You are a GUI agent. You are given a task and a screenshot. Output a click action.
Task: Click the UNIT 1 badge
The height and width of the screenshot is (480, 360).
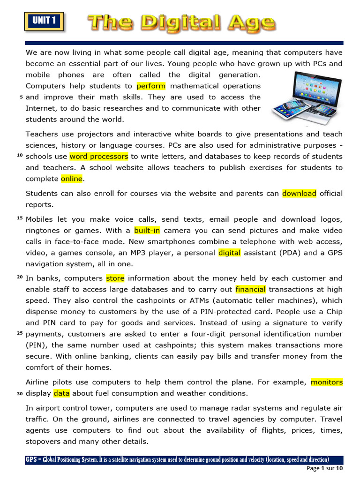click(x=44, y=21)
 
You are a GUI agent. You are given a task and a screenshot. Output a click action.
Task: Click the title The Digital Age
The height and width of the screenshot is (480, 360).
click(x=181, y=22)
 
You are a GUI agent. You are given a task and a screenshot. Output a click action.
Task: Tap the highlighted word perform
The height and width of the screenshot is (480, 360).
click(x=151, y=86)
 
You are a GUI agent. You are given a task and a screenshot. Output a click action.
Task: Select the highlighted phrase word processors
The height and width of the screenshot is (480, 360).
click(x=99, y=157)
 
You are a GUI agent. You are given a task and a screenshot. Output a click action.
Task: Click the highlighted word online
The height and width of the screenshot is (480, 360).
click(x=72, y=179)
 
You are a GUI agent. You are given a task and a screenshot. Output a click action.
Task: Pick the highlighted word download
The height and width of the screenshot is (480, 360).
click(x=299, y=194)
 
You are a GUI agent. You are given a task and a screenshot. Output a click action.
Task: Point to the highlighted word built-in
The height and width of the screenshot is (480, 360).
click(x=147, y=231)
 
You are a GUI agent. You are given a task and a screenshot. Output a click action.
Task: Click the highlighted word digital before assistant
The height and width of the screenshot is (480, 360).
click(x=229, y=253)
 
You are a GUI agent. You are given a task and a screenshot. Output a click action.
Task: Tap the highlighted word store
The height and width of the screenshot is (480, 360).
click(x=115, y=278)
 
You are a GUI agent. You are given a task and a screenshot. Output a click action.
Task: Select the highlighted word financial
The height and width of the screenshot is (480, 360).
click(x=250, y=290)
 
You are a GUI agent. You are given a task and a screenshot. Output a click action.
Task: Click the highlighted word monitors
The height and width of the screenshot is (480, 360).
click(x=327, y=382)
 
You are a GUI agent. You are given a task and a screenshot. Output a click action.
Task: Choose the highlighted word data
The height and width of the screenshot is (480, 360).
click(x=61, y=394)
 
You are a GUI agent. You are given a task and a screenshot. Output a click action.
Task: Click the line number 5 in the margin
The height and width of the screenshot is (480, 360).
click(x=21, y=98)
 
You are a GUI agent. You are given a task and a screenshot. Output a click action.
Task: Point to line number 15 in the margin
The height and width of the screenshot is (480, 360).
click(x=20, y=219)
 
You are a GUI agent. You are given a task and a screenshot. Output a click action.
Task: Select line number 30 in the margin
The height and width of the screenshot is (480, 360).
click(x=20, y=394)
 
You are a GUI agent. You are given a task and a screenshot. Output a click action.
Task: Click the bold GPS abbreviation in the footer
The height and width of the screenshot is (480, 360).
click(x=31, y=460)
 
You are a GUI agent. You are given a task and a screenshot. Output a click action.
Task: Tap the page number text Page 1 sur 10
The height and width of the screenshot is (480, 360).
click(x=325, y=469)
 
